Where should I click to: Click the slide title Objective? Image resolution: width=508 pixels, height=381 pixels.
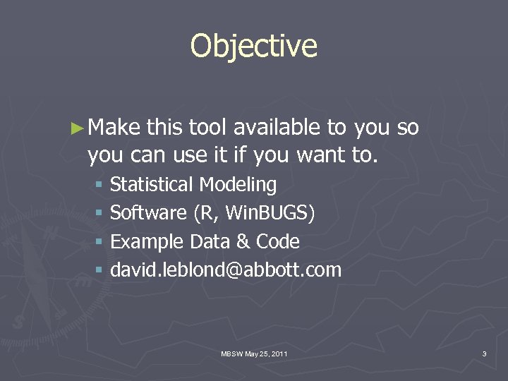tap(254, 47)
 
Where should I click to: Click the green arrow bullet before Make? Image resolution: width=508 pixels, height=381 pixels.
tap(78, 128)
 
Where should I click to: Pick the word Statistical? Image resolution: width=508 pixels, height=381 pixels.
tap(151, 185)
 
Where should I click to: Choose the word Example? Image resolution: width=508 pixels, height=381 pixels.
tap(147, 242)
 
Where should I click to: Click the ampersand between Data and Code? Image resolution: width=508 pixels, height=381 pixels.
tap(243, 242)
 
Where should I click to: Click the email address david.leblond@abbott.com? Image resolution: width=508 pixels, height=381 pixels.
tap(226, 270)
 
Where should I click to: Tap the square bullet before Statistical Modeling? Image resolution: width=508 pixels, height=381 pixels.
tap(99, 186)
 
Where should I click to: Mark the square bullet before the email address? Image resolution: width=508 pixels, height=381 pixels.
tap(99, 270)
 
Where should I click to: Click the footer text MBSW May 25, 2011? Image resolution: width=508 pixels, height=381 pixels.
tap(254, 353)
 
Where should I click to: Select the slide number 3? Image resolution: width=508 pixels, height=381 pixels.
tap(484, 353)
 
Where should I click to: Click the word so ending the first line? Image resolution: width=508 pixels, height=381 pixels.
tap(408, 128)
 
